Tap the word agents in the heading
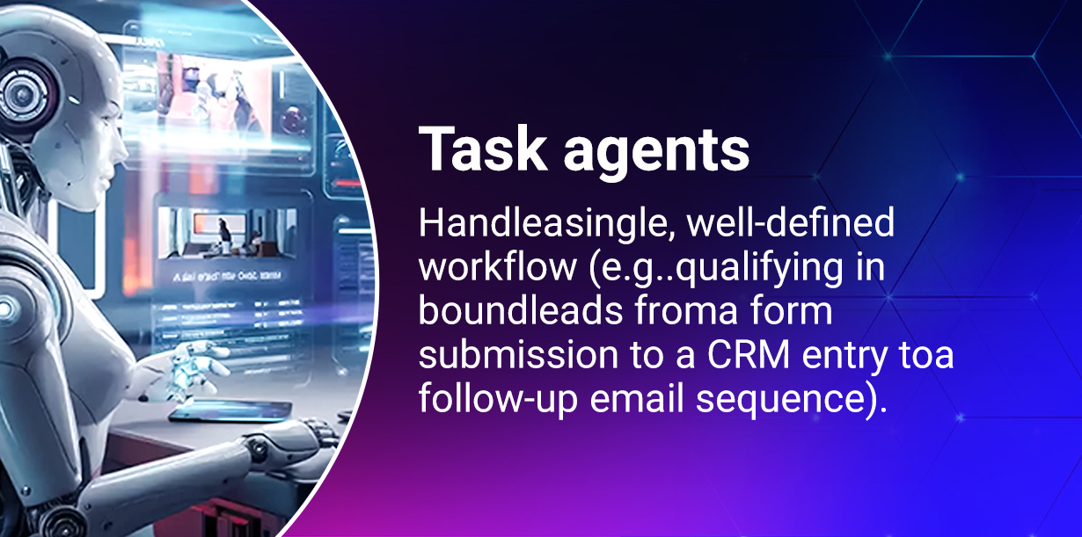tap(657, 152)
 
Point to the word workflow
tap(498, 266)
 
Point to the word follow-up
tap(498, 400)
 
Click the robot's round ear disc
tap(23, 91)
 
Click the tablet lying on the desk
tap(230, 410)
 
